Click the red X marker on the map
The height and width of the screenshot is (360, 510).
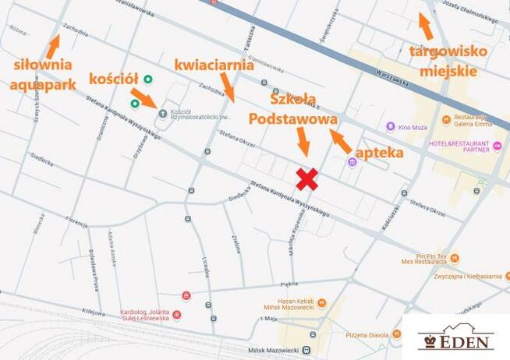pos(307,179)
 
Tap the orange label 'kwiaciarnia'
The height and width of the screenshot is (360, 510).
pos(214,65)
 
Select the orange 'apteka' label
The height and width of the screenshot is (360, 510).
pos(379,152)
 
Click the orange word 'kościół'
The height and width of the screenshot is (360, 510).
pos(114,78)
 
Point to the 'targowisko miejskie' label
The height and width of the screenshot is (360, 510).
pos(448,61)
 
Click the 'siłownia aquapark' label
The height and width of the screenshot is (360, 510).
pos(42,73)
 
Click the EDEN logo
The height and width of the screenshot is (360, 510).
pos(456,337)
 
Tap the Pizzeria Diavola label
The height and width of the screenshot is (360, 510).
pos(367,335)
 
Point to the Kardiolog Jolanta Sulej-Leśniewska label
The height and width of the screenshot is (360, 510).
pos(145,315)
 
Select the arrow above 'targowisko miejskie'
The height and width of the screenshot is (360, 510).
pos(425,26)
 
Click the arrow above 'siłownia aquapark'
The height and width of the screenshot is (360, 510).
pos(53,45)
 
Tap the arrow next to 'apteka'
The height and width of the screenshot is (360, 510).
pos(340,140)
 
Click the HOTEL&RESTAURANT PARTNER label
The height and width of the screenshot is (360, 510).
pos(459,146)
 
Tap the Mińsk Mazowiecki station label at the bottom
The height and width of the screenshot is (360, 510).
pos(274,350)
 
